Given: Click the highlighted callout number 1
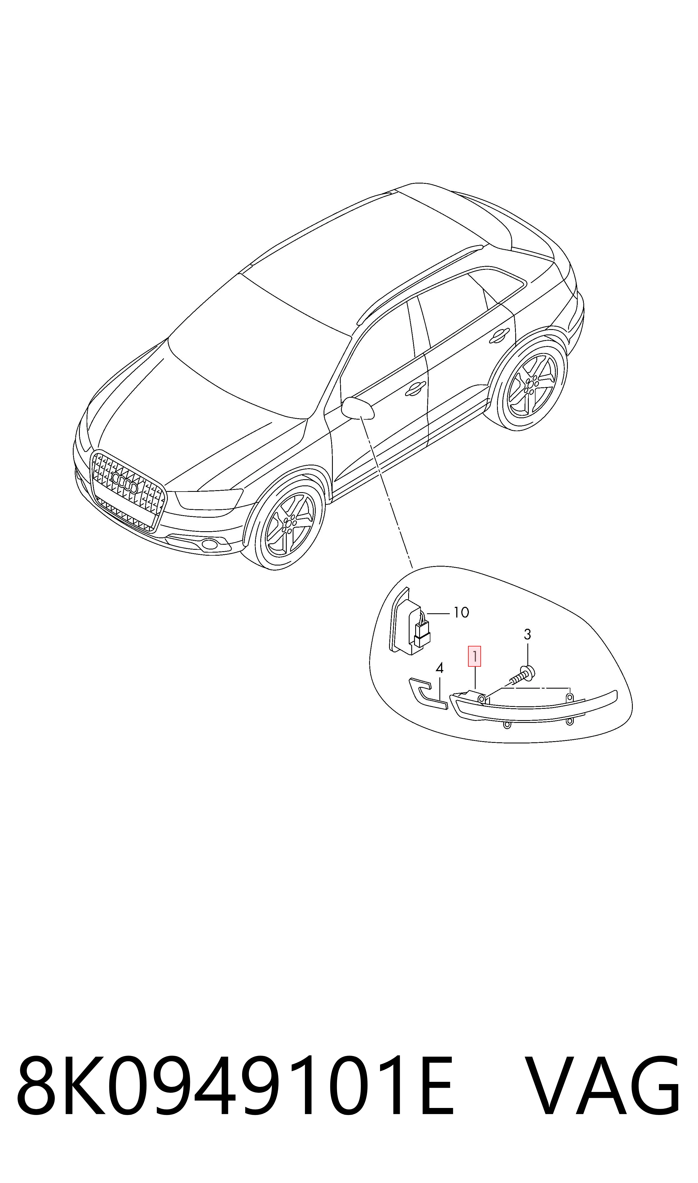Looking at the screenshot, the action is pos(474,656).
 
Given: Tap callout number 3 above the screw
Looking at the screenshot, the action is pos(527,634).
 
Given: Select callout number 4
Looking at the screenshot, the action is pos(439,668).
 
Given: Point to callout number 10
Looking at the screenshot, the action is pos(461,612).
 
